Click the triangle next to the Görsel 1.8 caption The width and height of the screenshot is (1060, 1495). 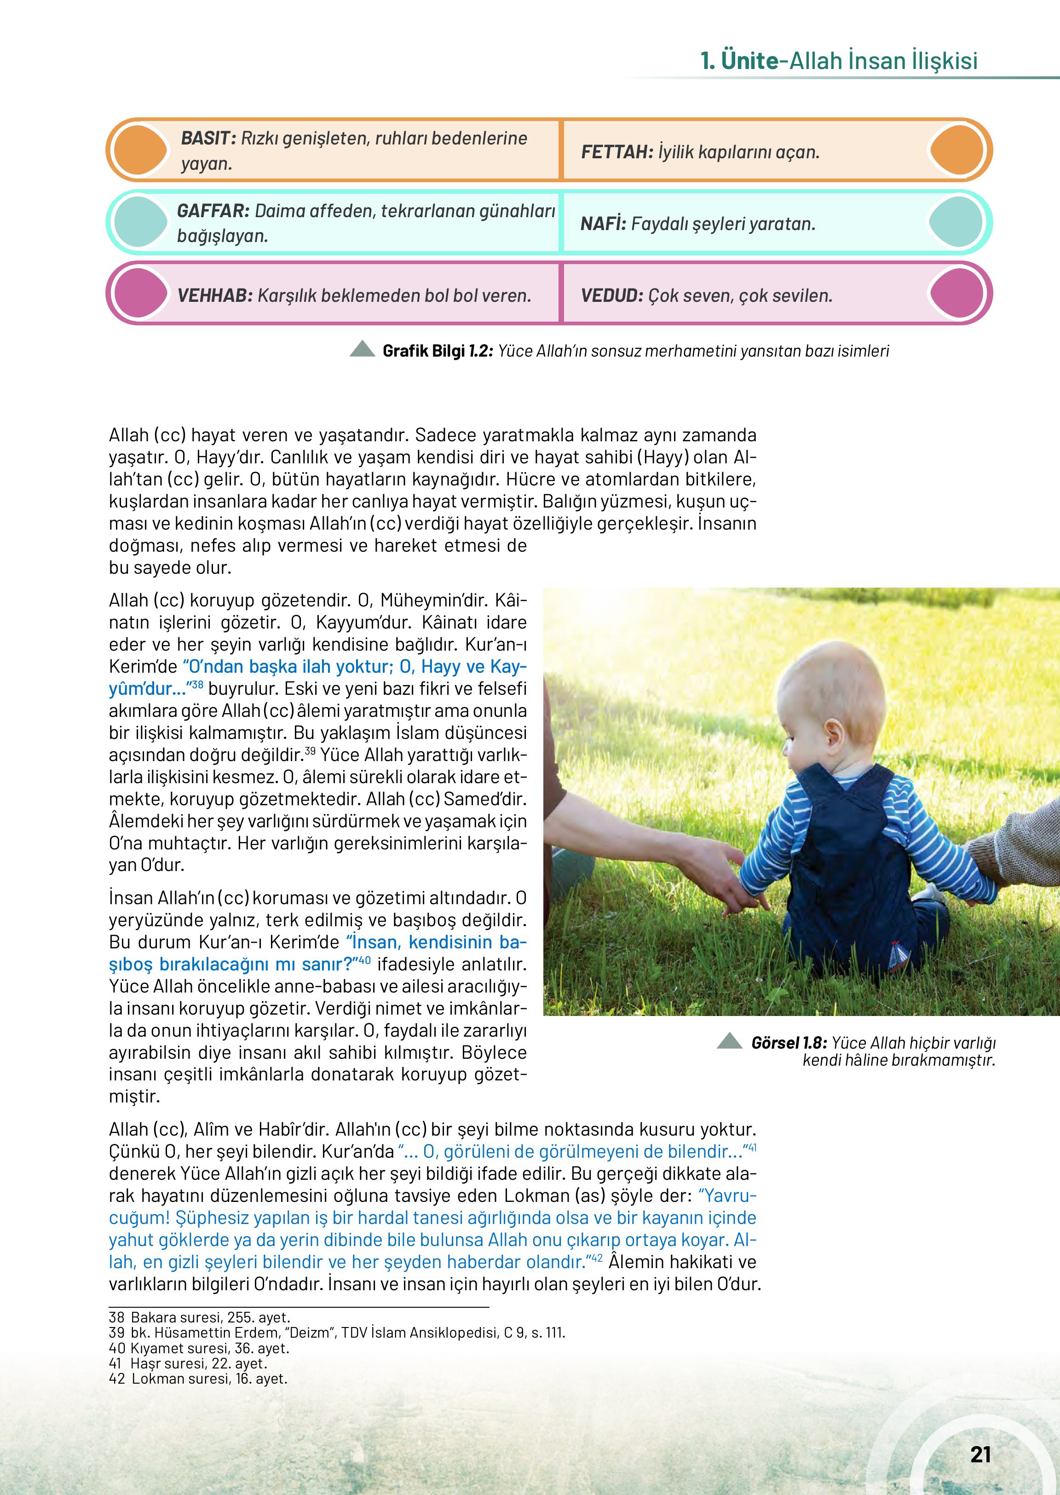coord(729,1041)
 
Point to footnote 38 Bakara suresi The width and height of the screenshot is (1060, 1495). coord(200,1317)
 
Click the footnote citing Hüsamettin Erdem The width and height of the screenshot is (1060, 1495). coord(337,1333)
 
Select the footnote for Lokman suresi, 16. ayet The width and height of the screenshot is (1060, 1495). coord(198,1379)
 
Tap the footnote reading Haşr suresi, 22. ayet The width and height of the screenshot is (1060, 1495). coord(188,1363)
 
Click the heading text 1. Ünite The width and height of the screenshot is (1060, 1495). coord(739,61)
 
